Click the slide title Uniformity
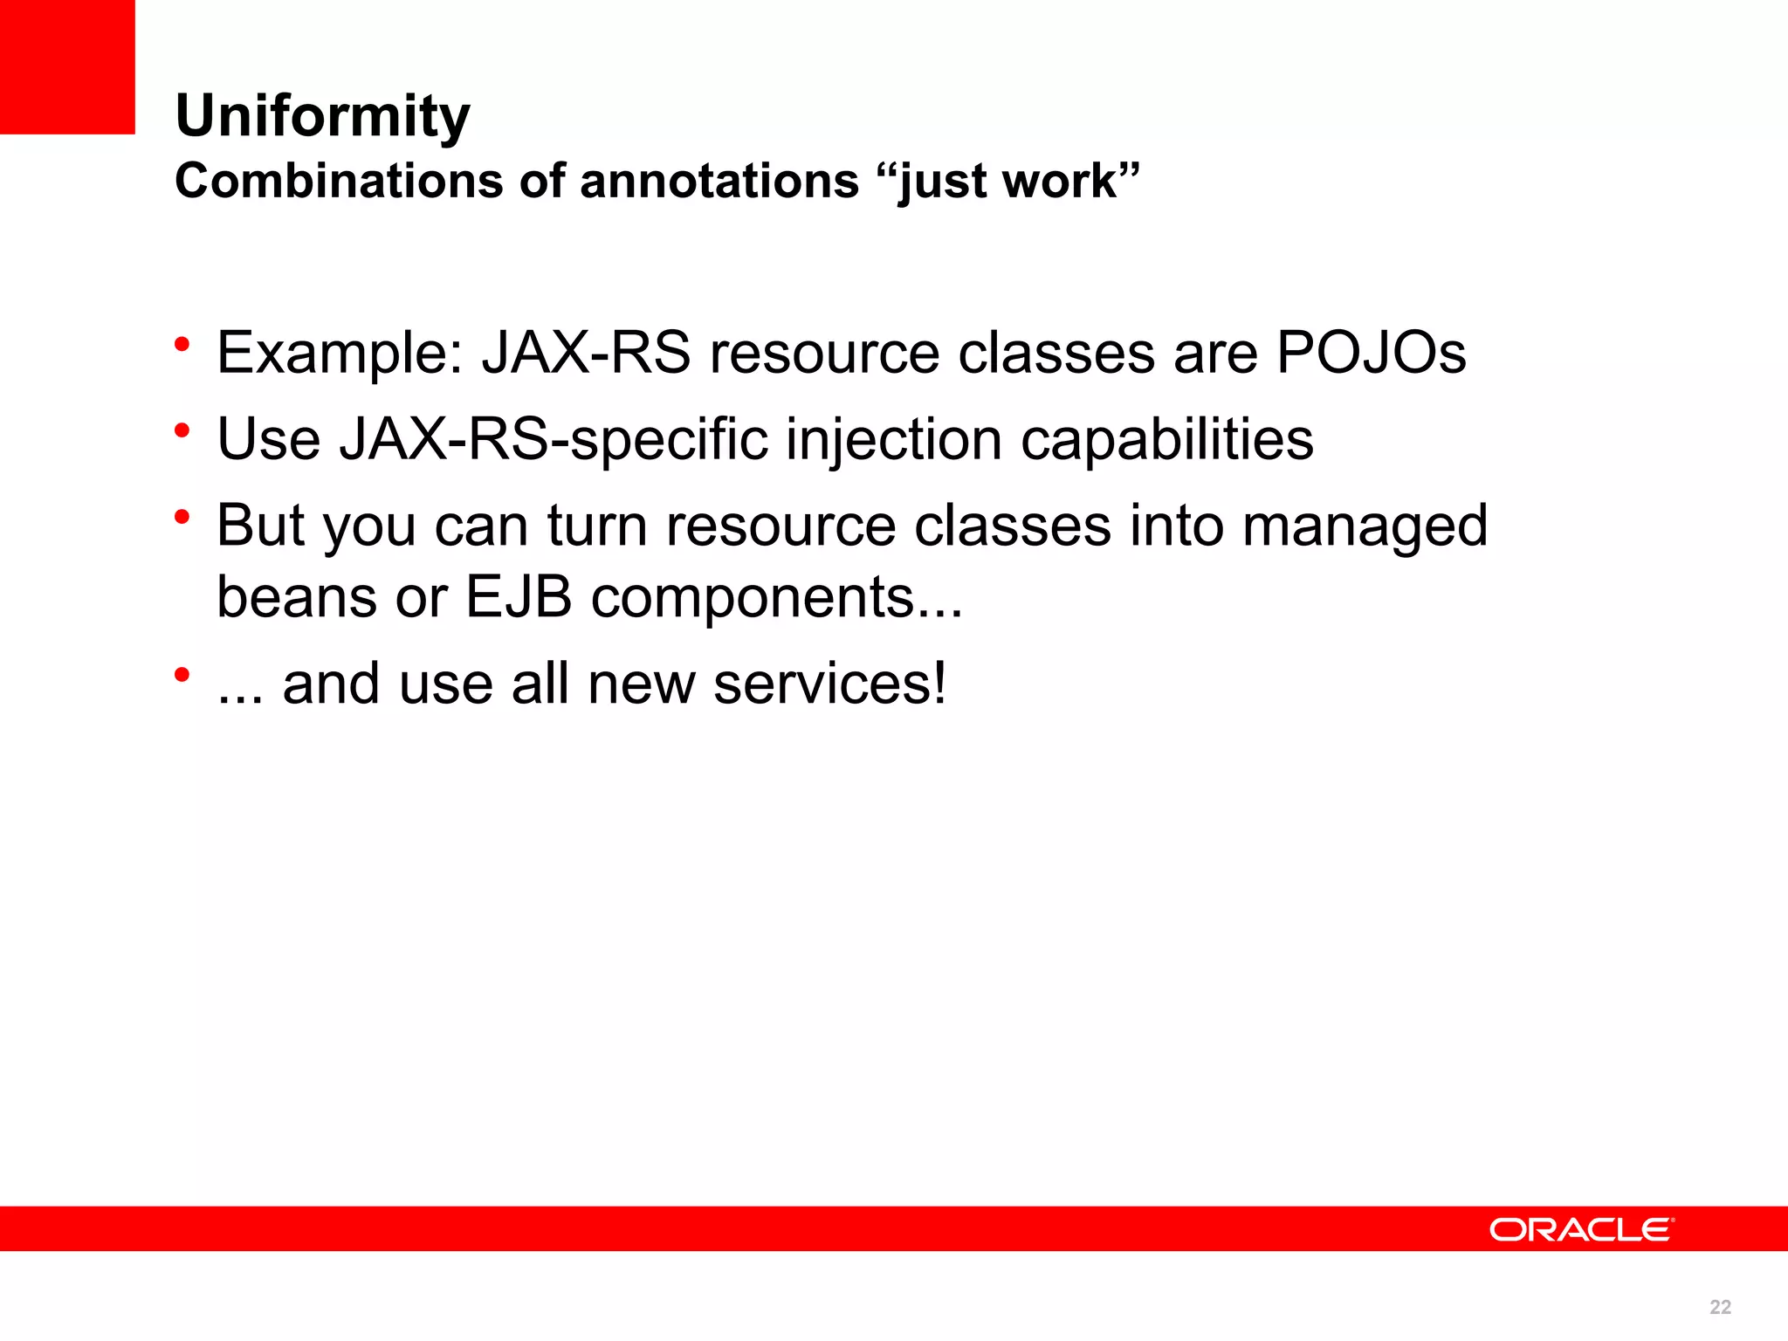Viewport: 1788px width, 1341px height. pos(322,116)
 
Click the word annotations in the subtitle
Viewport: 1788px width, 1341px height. pos(719,182)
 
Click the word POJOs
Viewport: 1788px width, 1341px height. pos(1371,353)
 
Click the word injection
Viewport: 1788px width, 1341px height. pos(893,439)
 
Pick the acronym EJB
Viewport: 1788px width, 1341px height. pos(519,597)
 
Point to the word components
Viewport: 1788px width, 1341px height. pos(776,599)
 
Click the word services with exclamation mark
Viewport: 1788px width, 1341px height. pos(829,684)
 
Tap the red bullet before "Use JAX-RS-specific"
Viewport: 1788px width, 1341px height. pos(182,430)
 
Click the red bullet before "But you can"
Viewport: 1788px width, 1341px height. pos(182,517)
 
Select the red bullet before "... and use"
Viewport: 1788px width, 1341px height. pos(182,674)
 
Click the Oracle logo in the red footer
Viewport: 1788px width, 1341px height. pos(1580,1229)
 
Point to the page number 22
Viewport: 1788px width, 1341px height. pos(1720,1307)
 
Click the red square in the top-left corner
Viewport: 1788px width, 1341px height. pos(67,66)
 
